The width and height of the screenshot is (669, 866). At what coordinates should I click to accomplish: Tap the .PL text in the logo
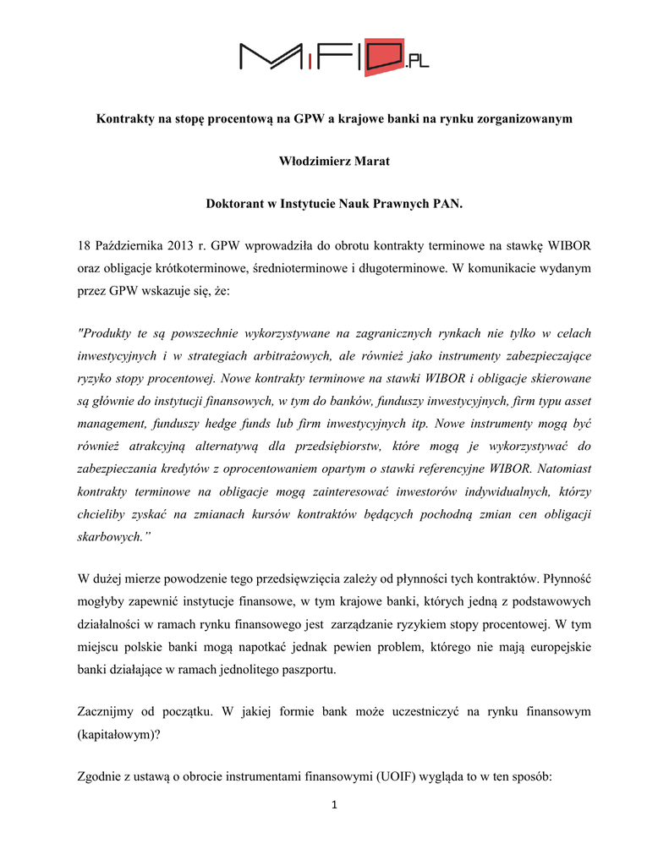[x=416, y=60]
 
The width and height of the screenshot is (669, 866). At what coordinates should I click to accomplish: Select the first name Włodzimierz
[x=316, y=162]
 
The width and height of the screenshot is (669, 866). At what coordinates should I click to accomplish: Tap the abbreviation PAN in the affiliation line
[x=447, y=205]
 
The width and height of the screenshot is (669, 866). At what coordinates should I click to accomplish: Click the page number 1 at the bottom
[x=334, y=804]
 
